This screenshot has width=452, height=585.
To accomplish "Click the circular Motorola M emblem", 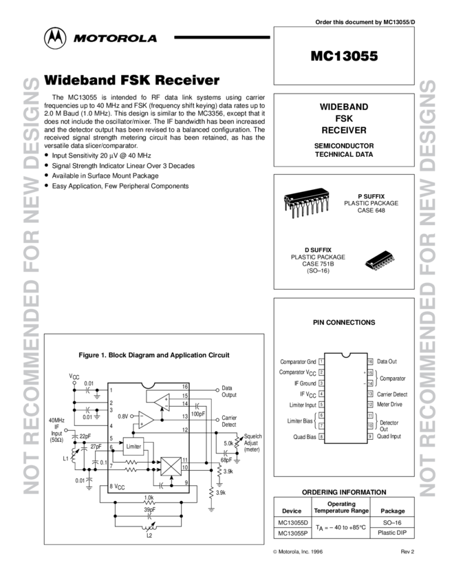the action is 55,39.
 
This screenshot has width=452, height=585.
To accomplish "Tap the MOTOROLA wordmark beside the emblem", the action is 116,39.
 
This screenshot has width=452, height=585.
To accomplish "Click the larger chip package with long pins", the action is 307,204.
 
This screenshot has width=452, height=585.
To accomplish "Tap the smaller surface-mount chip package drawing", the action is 380,262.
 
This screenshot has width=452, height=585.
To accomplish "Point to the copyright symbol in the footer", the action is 275,552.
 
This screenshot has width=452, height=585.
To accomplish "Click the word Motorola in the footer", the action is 288,552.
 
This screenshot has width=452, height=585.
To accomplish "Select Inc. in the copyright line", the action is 304,552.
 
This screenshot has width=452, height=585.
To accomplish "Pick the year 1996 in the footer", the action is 316,552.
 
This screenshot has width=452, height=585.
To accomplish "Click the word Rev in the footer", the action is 405,552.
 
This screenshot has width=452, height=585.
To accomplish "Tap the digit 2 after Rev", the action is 413,552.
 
